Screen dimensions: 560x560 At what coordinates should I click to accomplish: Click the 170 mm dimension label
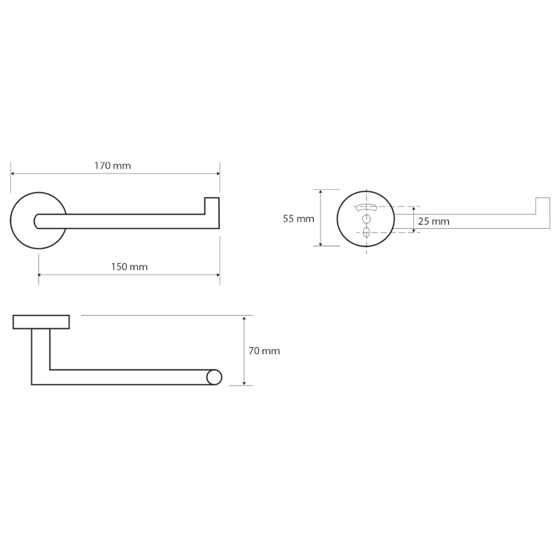coord(113,166)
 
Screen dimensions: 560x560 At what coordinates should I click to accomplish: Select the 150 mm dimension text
coord(129,267)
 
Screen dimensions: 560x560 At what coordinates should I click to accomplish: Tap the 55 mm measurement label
coord(298,218)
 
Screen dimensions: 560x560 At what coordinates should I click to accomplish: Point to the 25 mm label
coord(433,221)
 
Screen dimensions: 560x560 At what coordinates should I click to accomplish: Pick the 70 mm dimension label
coord(264,351)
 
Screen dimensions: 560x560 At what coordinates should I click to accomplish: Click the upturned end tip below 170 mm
coord(212,205)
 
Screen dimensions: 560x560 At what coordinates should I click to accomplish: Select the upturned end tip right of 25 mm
coord(542,206)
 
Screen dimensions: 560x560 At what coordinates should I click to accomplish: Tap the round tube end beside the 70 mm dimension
coord(214,377)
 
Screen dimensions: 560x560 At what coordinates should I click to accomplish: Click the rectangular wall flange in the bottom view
coord(41,322)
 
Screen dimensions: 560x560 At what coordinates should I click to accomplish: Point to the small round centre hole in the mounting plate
coord(366,219)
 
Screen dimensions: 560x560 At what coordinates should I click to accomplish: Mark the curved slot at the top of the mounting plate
coord(366,207)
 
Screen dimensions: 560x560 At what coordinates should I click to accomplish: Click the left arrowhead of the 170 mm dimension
coord(13,174)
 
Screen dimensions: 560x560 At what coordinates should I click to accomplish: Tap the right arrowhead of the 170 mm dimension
coord(217,174)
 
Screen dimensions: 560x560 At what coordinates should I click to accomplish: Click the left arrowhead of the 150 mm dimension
coord(41,274)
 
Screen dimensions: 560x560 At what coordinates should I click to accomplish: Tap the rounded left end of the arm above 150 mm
coord(37,221)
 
